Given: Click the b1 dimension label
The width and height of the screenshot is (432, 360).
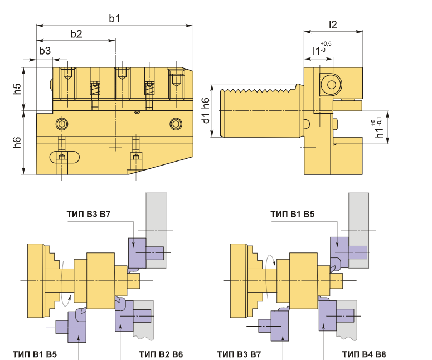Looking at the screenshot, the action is point(114,18).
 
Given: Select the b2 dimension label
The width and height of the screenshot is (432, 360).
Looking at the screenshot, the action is point(76,33).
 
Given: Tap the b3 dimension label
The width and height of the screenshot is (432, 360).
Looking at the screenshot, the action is point(45,51).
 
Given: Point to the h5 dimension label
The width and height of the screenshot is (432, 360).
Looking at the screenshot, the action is point(17,89).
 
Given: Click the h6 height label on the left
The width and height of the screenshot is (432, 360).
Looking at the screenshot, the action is point(17,142).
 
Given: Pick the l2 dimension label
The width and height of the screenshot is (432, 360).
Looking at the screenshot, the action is point(333,25).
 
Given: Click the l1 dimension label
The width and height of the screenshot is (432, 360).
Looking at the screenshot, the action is point(316,51).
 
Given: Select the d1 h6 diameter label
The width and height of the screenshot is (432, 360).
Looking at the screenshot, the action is point(206,110).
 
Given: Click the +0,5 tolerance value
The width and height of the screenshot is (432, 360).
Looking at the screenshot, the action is point(326,44).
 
